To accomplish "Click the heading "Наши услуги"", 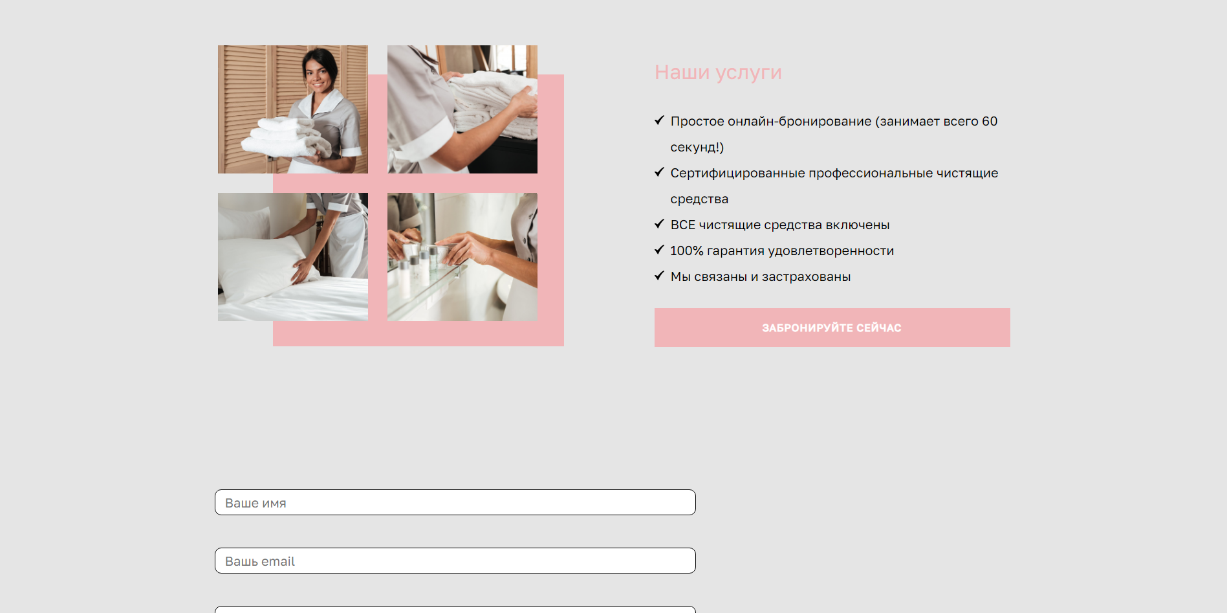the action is (x=718, y=72).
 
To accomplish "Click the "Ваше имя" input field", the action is (x=455, y=502).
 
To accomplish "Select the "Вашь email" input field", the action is (x=455, y=561).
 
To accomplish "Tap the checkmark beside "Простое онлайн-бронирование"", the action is (x=659, y=120).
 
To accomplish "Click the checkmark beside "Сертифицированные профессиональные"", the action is (x=659, y=172).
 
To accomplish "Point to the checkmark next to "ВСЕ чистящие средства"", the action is (x=659, y=224).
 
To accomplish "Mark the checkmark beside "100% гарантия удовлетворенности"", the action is (x=659, y=250).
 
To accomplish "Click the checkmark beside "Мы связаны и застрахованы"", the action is (x=659, y=276).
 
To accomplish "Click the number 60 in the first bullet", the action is (x=990, y=121).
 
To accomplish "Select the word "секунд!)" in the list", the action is (x=697, y=148).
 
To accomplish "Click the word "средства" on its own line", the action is (x=699, y=199).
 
